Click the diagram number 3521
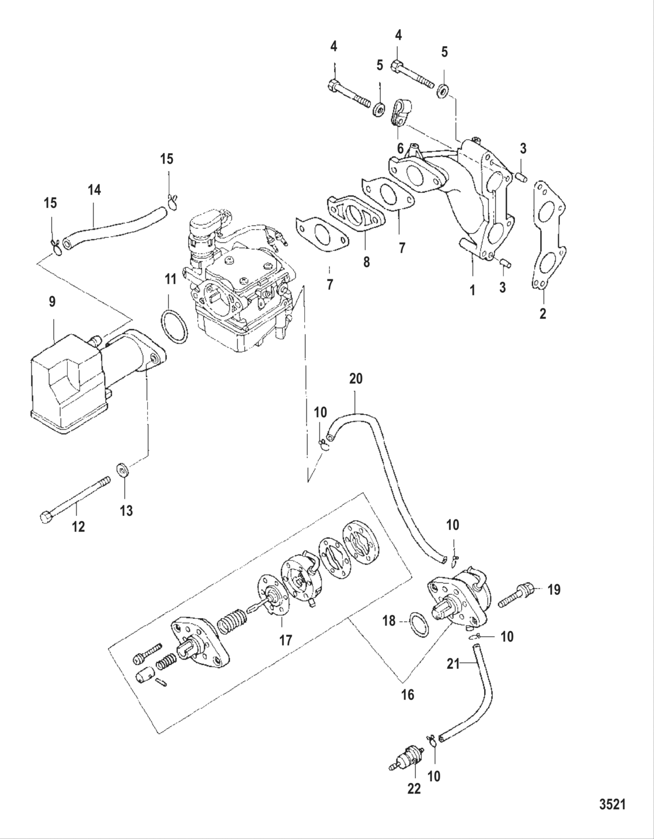click(x=613, y=805)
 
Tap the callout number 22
click(x=414, y=788)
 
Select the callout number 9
click(x=53, y=302)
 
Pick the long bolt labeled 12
click(x=76, y=498)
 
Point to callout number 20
click(x=356, y=379)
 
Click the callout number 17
click(x=284, y=640)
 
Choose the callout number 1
click(x=472, y=289)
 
